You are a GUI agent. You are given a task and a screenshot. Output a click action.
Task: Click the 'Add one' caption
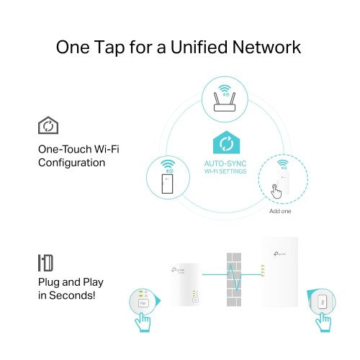[279, 212]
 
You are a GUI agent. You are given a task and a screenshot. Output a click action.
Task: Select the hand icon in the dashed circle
[276, 191]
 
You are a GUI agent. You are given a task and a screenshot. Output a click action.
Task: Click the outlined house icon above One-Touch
[48, 127]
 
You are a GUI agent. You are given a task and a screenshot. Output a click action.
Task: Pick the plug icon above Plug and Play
[45, 262]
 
